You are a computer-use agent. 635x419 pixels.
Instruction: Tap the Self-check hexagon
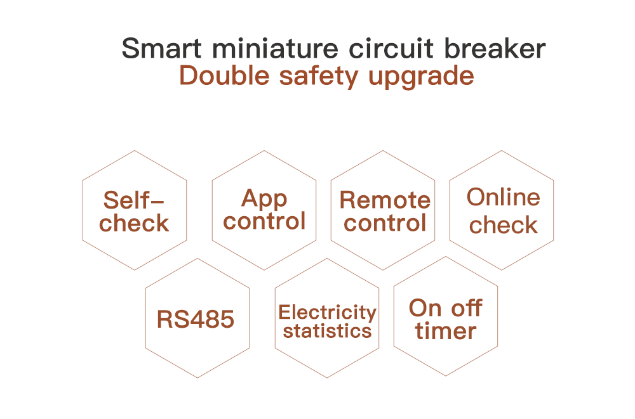click(x=135, y=210)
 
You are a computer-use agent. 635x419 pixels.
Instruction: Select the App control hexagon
click(x=264, y=210)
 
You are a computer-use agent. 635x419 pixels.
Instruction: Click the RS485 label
click(x=196, y=319)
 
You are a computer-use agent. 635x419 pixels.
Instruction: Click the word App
click(x=264, y=200)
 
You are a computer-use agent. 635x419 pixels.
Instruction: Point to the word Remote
click(x=385, y=200)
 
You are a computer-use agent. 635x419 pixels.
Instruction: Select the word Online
click(x=504, y=197)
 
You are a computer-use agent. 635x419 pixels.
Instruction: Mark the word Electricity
click(x=328, y=312)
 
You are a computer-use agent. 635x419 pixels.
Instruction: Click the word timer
click(x=446, y=331)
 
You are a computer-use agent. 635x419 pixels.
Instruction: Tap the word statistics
click(x=327, y=331)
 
